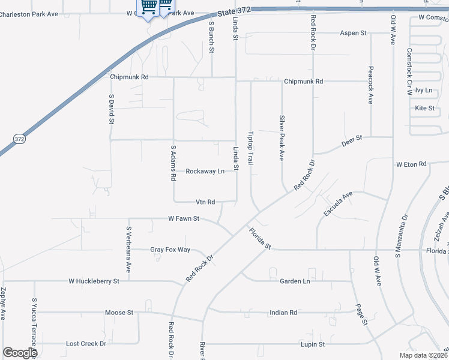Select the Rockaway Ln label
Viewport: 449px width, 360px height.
pyautogui.click(x=205, y=171)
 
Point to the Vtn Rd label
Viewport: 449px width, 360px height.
pyautogui.click(x=205, y=202)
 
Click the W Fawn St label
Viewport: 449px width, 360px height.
pyautogui.click(x=184, y=218)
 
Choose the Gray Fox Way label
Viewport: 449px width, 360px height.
pyautogui.click(x=170, y=250)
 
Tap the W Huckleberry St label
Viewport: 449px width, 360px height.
pyautogui.click(x=94, y=280)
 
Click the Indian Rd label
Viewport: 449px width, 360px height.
pyautogui.click(x=283, y=313)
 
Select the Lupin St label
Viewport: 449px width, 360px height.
pyautogui.click(x=313, y=344)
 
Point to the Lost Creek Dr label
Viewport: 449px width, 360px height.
pyautogui.click(x=86, y=344)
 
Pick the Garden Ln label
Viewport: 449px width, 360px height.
pyautogui.click(x=295, y=281)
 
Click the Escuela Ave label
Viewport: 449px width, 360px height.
pyautogui.click(x=338, y=204)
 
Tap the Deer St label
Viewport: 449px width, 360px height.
pyautogui.click(x=352, y=138)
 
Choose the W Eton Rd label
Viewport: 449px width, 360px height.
pyautogui.click(x=411, y=164)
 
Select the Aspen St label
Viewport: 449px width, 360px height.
pyautogui.click(x=353, y=33)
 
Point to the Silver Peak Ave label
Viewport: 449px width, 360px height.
pyautogui.click(x=281, y=138)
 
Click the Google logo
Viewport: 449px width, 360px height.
pyautogui.click(x=20, y=353)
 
